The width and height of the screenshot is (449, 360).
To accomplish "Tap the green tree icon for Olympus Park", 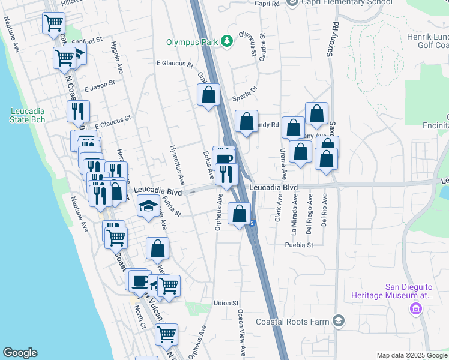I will [228, 41].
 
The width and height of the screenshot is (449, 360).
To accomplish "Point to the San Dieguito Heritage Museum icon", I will [415, 309].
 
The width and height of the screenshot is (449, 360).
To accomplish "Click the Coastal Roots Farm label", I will [292, 322].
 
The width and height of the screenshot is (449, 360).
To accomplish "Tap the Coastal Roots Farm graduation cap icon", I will [339, 321].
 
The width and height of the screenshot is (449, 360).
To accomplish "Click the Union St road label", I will [226, 304].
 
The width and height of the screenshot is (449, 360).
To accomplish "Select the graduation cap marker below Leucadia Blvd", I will [148, 206].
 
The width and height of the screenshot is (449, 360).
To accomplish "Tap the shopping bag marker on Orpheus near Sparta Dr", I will [208, 95].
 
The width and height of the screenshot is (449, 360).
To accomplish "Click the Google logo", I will [20, 353].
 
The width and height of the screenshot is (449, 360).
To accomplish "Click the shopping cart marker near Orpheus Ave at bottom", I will [166, 334].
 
